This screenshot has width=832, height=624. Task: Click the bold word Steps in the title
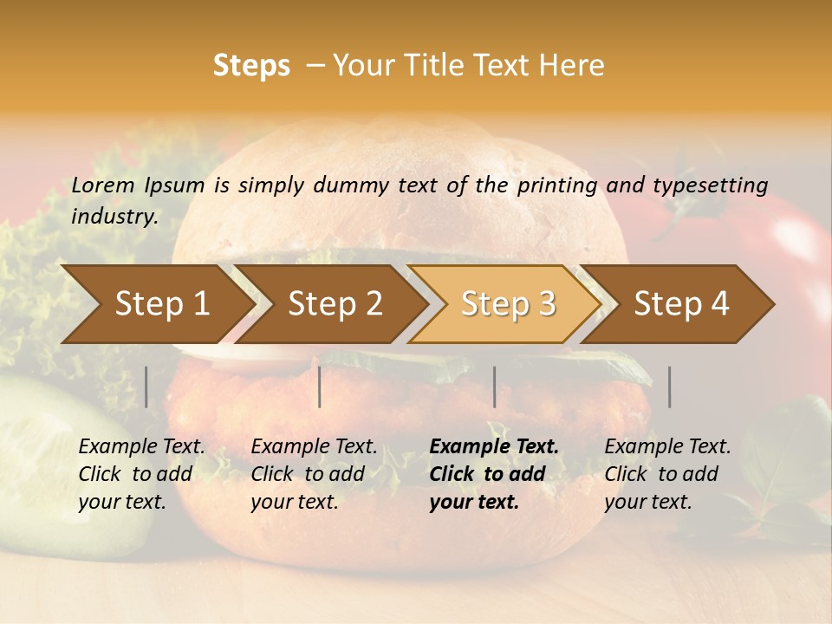[x=251, y=66]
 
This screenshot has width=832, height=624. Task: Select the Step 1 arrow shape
[x=156, y=304]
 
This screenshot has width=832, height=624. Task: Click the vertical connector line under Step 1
[x=146, y=387]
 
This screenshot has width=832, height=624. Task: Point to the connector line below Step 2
[x=320, y=387]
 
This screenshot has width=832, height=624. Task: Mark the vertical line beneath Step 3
[x=494, y=387]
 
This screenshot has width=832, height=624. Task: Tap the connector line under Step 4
[x=669, y=387]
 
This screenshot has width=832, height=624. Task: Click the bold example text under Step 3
[x=494, y=474]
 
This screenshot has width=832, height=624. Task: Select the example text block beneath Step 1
[x=141, y=474]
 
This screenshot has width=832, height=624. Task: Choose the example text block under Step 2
[x=314, y=474]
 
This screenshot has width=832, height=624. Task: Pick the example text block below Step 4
[x=667, y=474]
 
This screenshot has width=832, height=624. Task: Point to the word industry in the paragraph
[x=114, y=217]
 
